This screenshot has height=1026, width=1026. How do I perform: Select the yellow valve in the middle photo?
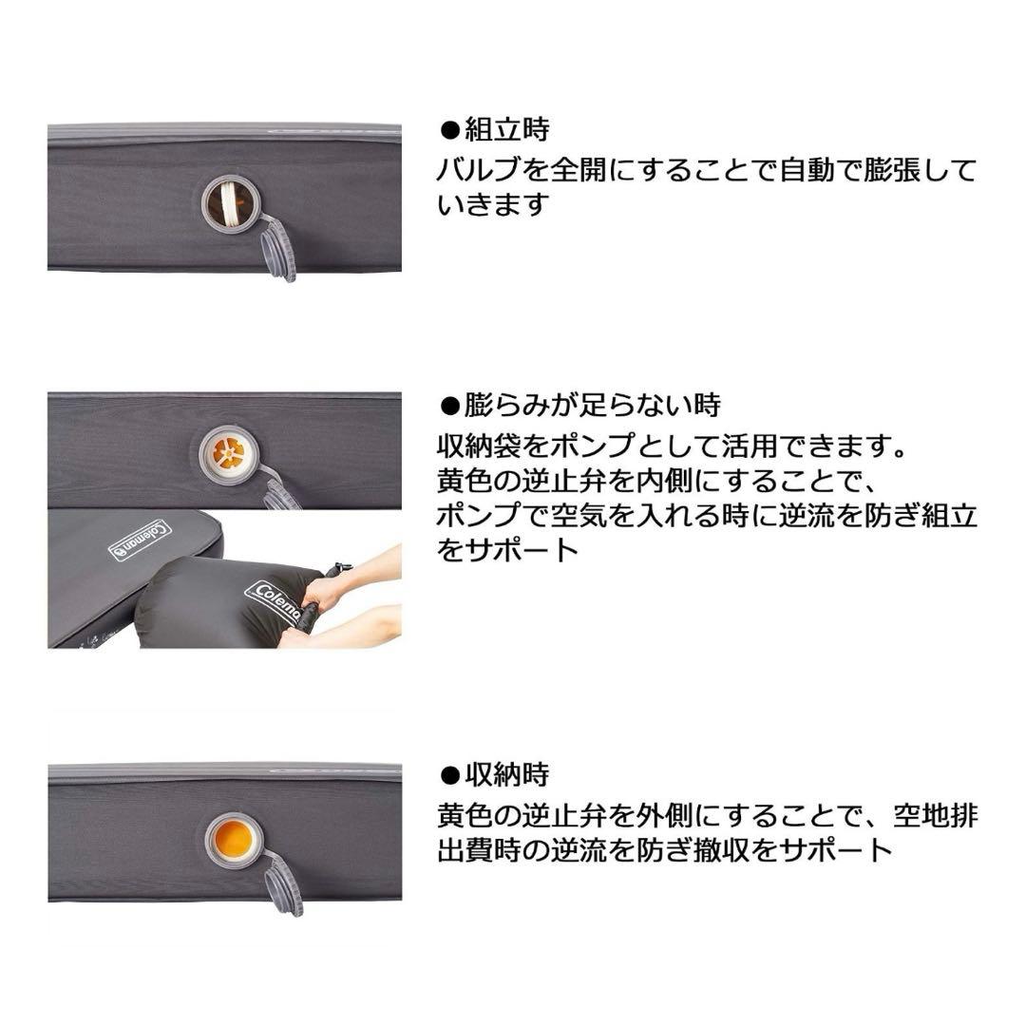pyautogui.click(x=230, y=452)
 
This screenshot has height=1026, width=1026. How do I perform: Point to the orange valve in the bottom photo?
pyautogui.click(x=234, y=838)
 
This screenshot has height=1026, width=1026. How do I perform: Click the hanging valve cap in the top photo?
pyautogui.click(x=277, y=249)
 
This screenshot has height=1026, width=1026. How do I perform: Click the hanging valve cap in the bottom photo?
pyautogui.click(x=284, y=887)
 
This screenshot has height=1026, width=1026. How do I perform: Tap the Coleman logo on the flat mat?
pyautogui.click(x=142, y=540)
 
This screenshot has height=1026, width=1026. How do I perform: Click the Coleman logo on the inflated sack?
pyautogui.click(x=275, y=602)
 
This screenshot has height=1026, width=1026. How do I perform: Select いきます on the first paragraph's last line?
pyautogui.click(x=493, y=205)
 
